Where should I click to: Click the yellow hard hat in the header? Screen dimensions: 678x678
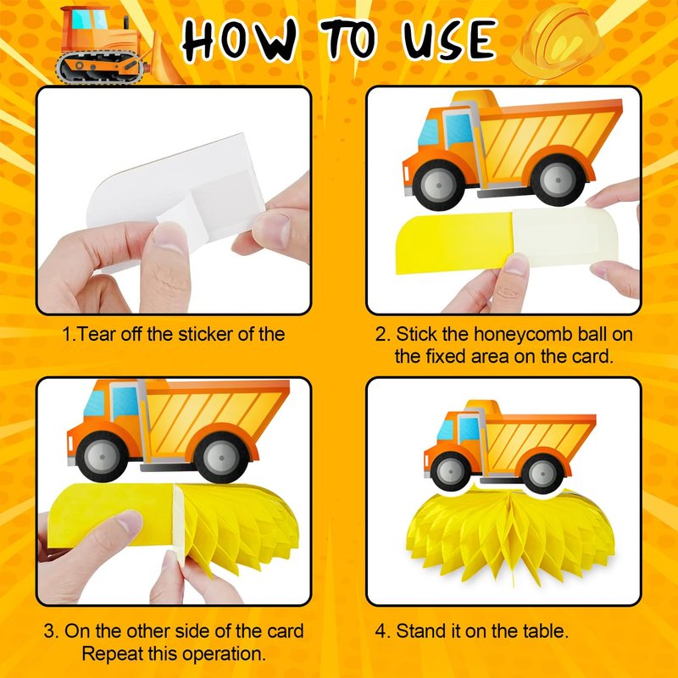[x=558, y=41]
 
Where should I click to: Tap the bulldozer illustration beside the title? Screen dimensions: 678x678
[x=117, y=46]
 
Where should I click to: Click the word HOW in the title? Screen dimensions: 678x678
[x=240, y=40]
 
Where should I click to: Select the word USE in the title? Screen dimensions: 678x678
[x=449, y=39]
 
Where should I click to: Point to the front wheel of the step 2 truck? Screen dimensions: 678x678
[x=438, y=185]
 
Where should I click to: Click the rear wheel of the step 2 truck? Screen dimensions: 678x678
[x=558, y=180]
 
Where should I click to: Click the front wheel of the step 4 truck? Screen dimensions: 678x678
[x=450, y=471]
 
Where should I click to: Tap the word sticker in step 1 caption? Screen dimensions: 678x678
[x=205, y=334]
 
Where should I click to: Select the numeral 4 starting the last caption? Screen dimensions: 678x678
[x=380, y=631]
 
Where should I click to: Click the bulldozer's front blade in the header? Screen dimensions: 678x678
[x=166, y=60]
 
